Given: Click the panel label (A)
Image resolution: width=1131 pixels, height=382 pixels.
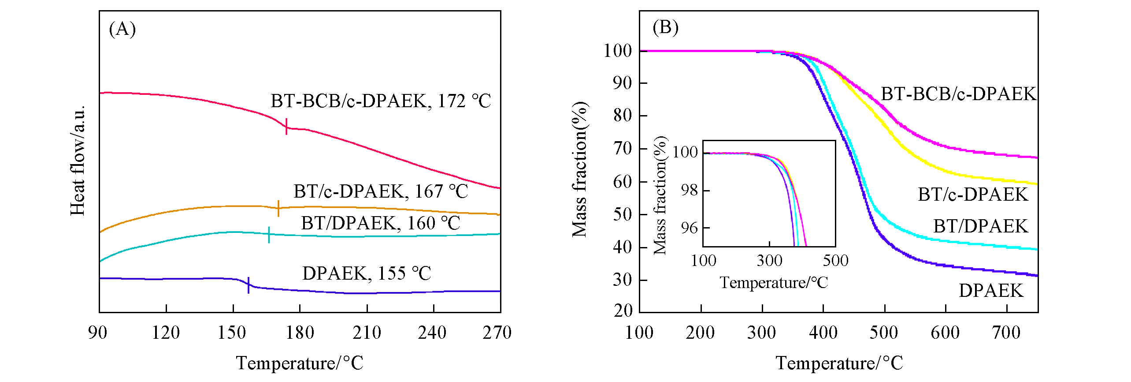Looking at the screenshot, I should pyautogui.click(x=122, y=30).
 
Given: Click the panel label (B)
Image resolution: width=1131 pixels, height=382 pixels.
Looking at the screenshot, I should pyautogui.click(x=665, y=27).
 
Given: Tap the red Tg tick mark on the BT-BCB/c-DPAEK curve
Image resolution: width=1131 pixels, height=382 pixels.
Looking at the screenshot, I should pyautogui.click(x=286, y=126).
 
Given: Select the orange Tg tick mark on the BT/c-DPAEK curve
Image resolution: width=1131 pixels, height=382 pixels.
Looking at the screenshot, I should pyautogui.click(x=278, y=208).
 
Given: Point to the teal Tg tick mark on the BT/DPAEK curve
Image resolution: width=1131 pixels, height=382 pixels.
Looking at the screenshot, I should pyautogui.click(x=269, y=235).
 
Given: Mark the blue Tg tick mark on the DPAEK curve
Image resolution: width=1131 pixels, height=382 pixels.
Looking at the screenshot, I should pyautogui.click(x=248, y=285).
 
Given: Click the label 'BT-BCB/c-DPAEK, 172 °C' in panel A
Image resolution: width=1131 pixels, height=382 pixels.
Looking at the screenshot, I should pyautogui.click(x=380, y=101).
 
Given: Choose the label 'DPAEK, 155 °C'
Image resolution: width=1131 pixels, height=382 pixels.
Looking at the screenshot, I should pyautogui.click(x=366, y=273).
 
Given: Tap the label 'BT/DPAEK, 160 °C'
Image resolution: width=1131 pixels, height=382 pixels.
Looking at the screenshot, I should pyautogui.click(x=380, y=223).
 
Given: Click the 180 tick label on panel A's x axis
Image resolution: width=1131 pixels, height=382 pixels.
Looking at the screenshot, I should pyautogui.click(x=300, y=333).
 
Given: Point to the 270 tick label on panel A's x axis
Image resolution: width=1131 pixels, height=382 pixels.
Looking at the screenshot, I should pyautogui.click(x=497, y=333).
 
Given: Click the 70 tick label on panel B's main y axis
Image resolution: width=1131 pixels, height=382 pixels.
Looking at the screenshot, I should pyautogui.click(x=622, y=149).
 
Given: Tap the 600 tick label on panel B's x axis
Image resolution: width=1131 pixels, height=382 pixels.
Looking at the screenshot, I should pyautogui.click(x=945, y=333).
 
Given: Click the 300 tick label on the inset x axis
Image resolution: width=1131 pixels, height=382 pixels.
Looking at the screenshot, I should pyautogui.click(x=769, y=261).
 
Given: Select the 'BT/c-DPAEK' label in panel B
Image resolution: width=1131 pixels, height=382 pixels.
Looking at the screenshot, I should pyautogui.click(x=972, y=195).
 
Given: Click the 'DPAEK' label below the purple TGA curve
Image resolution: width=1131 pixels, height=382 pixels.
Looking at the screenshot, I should pyautogui.click(x=991, y=291).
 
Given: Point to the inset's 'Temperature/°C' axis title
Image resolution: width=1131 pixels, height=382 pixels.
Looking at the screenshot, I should pyautogui.click(x=774, y=283).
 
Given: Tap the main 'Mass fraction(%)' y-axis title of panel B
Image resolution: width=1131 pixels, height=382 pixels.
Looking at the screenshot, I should pyautogui.click(x=579, y=169).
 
